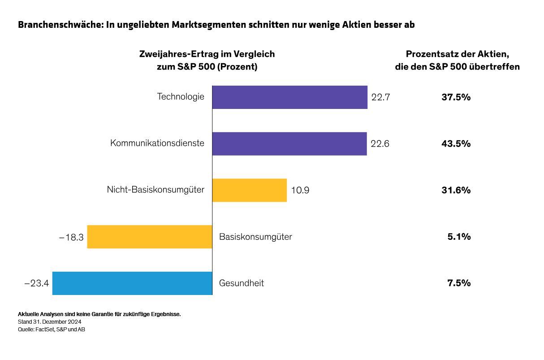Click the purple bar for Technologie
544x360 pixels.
pyautogui.click(x=289, y=97)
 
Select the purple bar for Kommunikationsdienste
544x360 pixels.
pyautogui.click(x=289, y=143)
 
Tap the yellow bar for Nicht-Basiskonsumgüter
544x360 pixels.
pyautogui.click(x=249, y=190)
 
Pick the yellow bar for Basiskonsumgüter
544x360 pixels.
pyautogui.click(x=149, y=237)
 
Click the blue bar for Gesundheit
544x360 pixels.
pyautogui.click(x=132, y=283)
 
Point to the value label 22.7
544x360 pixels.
pyautogui.click(x=380, y=97)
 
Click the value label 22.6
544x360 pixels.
pyautogui.click(x=380, y=143)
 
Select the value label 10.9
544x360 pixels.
pyautogui.click(x=300, y=190)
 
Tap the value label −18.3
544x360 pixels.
pyautogui.click(x=71, y=237)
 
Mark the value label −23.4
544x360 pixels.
pyautogui.click(x=36, y=283)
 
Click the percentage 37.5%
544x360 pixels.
pyautogui.click(x=456, y=97)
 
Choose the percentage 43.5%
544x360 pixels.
pyautogui.click(x=456, y=143)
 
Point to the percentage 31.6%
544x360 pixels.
pyautogui.click(x=456, y=190)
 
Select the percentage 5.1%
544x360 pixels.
pyautogui.click(x=459, y=237)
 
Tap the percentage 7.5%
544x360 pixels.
pyautogui.click(x=459, y=283)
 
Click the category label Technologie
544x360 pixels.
pyautogui.click(x=181, y=97)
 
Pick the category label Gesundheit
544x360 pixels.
pyautogui.click(x=242, y=283)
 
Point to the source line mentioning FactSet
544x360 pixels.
pyautogui.click(x=52, y=330)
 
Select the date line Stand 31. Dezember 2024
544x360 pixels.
pyautogui.click(x=49, y=322)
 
